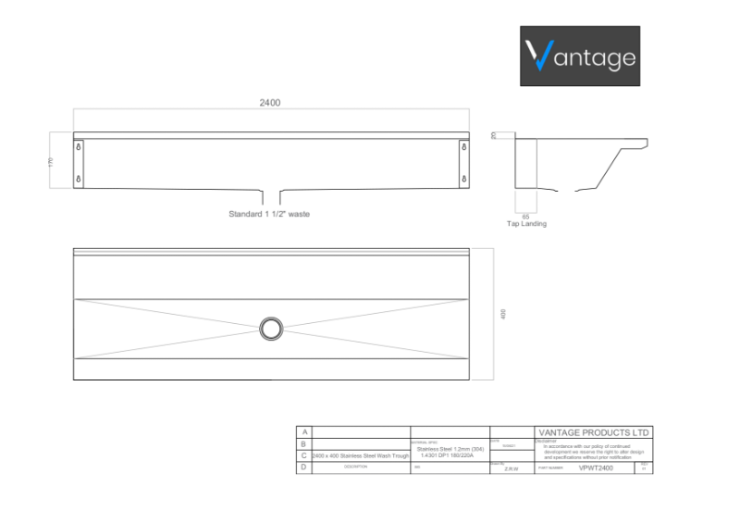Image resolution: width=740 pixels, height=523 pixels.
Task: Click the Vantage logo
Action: point(580,56)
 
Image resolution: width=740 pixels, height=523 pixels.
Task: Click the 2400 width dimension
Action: point(270,103)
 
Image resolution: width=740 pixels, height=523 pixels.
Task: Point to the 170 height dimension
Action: point(52,162)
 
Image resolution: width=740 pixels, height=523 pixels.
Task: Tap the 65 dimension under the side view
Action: point(525,217)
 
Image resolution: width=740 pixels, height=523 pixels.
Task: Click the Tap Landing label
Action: point(525,224)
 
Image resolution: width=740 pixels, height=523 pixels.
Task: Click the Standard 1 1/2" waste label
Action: point(269,214)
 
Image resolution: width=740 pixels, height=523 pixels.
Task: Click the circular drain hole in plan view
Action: point(271,328)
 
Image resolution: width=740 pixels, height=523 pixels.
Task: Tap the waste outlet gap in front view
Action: point(272,194)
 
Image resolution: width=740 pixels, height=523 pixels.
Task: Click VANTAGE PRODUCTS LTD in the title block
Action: point(594,432)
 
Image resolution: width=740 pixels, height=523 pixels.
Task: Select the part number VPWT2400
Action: point(595,468)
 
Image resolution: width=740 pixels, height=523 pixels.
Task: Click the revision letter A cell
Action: point(303,432)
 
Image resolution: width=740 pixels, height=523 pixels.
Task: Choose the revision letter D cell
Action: point(303,468)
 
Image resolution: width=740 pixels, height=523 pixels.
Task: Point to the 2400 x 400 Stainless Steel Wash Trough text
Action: point(361,456)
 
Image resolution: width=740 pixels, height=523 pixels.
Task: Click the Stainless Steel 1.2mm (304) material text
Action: point(449,449)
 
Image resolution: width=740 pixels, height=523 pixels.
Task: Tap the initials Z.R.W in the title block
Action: point(511,469)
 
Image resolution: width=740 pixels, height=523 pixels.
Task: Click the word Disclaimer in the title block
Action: point(546,441)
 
